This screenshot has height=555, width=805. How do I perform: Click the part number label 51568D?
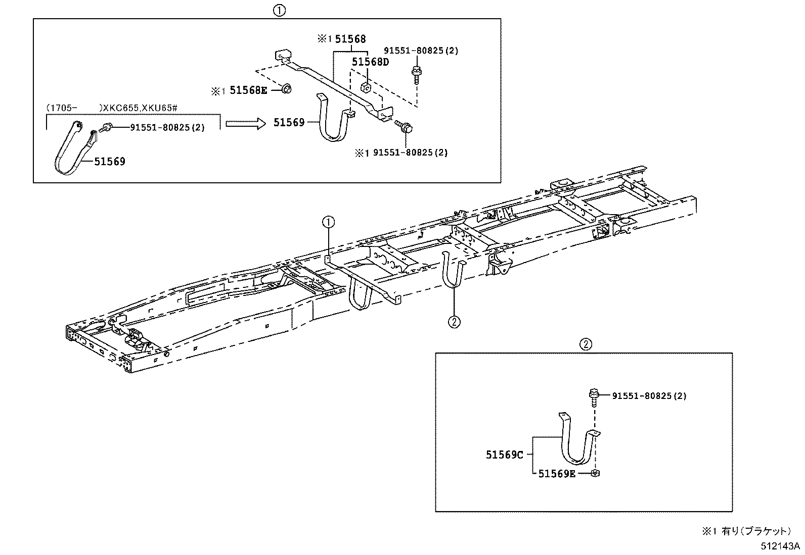click(371, 62)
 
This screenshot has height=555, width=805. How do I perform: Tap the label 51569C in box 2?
click(504, 455)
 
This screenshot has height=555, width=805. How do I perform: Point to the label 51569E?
click(557, 473)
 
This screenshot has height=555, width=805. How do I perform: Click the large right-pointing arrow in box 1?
click(245, 123)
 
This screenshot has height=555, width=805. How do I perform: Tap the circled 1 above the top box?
click(279, 10)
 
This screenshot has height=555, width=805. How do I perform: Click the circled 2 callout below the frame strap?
click(454, 321)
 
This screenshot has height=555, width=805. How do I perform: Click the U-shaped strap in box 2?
click(577, 444)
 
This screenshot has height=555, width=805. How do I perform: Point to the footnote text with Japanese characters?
click(745, 531)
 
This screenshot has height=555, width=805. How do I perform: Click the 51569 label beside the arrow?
click(289, 123)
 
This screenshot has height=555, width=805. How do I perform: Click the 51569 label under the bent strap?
click(110, 162)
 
